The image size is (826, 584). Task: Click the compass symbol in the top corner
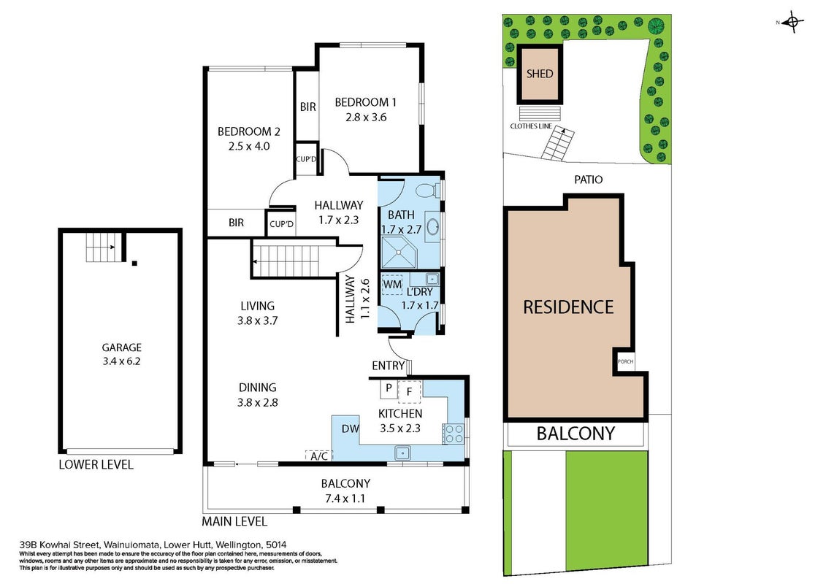792,22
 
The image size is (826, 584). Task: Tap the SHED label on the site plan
540,74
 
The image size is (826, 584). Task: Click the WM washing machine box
392,285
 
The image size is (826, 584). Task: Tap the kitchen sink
403,453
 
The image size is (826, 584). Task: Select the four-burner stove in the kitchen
454,434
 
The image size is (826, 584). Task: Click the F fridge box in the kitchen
409,392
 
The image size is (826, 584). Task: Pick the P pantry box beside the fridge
389,388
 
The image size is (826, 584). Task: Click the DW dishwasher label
351,429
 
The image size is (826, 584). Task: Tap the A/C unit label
319,456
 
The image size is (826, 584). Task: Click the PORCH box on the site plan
625,361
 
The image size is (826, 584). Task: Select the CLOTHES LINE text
531,126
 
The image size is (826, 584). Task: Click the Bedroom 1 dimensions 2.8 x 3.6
366,118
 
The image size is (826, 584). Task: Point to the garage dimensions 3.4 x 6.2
121,361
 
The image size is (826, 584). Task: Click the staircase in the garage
101,247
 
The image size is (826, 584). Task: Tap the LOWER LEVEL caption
96,464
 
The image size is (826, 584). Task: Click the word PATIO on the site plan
589,180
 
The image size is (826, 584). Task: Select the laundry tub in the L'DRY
432,278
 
